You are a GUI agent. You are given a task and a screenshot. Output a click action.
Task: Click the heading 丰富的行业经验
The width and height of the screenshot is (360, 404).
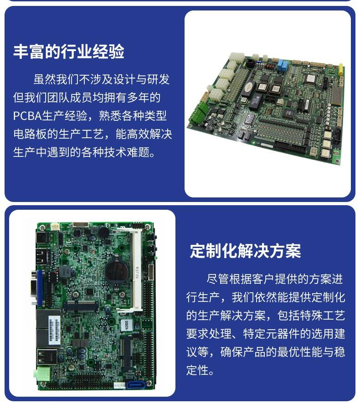click(x=69, y=52)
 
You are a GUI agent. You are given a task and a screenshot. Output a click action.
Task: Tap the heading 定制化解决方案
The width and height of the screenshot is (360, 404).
click(x=246, y=251)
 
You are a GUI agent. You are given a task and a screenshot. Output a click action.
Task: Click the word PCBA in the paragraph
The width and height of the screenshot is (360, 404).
click(x=27, y=116)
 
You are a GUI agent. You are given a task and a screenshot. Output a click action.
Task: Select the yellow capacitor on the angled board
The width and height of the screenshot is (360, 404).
click(x=341, y=68)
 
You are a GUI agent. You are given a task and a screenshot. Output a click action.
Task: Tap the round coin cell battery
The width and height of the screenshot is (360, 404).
click(x=116, y=270)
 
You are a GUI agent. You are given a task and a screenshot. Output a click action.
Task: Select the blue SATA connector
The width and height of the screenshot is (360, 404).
click(x=135, y=385)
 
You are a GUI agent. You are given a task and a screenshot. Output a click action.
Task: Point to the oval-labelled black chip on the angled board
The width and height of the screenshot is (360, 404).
click(x=249, y=87)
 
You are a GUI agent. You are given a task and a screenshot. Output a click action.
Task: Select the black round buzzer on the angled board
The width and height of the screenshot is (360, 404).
click(x=249, y=62)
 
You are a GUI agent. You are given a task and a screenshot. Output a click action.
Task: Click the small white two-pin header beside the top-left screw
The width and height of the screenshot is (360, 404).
click(x=55, y=227)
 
